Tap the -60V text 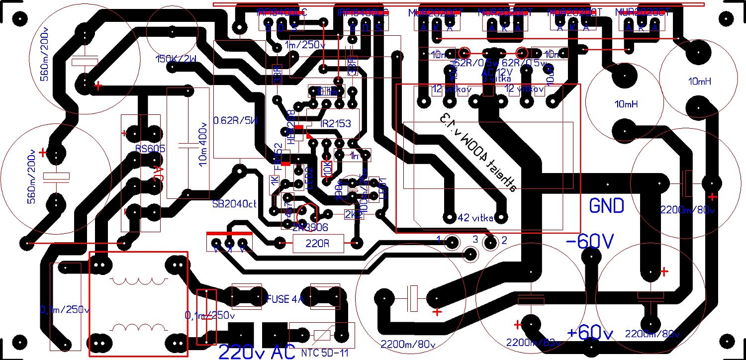click(x=590, y=241)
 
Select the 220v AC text click(x=257, y=352)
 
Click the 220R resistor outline click(x=317, y=244)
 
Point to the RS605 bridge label click(x=150, y=148)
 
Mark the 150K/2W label click(x=176, y=59)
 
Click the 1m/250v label click(x=305, y=46)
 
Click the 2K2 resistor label click(x=350, y=214)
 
